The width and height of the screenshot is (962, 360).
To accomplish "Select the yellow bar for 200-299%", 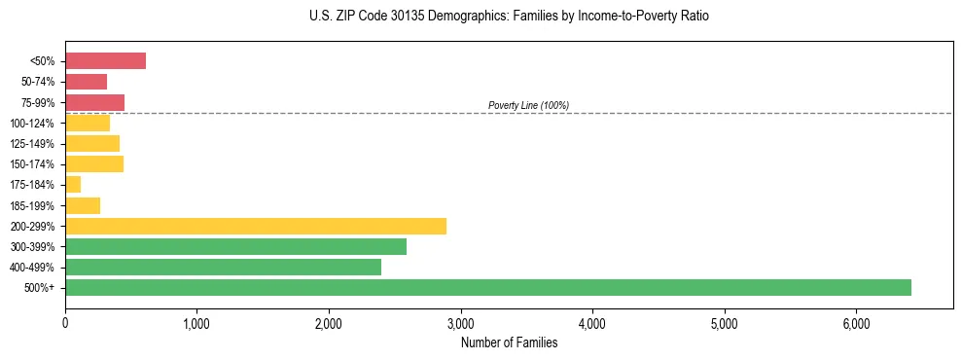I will coord(256,226).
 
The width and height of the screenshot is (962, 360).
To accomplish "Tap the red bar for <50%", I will coord(105,61).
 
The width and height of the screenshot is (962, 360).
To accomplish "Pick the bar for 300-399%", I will coord(235,246).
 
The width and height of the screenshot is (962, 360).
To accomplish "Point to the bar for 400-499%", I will coord(223,267).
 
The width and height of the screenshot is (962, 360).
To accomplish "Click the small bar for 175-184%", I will coord(73,184).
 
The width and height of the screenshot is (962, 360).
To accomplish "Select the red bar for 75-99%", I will coord(94,102).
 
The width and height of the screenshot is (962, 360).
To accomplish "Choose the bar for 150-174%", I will coord(94,163).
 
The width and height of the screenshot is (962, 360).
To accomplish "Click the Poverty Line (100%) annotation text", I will coord(528,105).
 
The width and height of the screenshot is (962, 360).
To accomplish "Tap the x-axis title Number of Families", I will coord(509,342).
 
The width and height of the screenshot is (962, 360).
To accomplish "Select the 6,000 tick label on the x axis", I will coord(856,323).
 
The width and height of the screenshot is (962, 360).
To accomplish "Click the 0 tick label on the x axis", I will coord(65,323).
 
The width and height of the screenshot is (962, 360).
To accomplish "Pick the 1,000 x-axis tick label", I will coord(196,323).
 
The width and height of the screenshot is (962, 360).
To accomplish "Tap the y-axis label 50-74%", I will coord(39,82).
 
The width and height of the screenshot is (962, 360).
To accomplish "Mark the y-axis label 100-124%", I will coord(36,124).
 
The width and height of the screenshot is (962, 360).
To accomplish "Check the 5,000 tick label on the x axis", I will coord(724,323).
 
